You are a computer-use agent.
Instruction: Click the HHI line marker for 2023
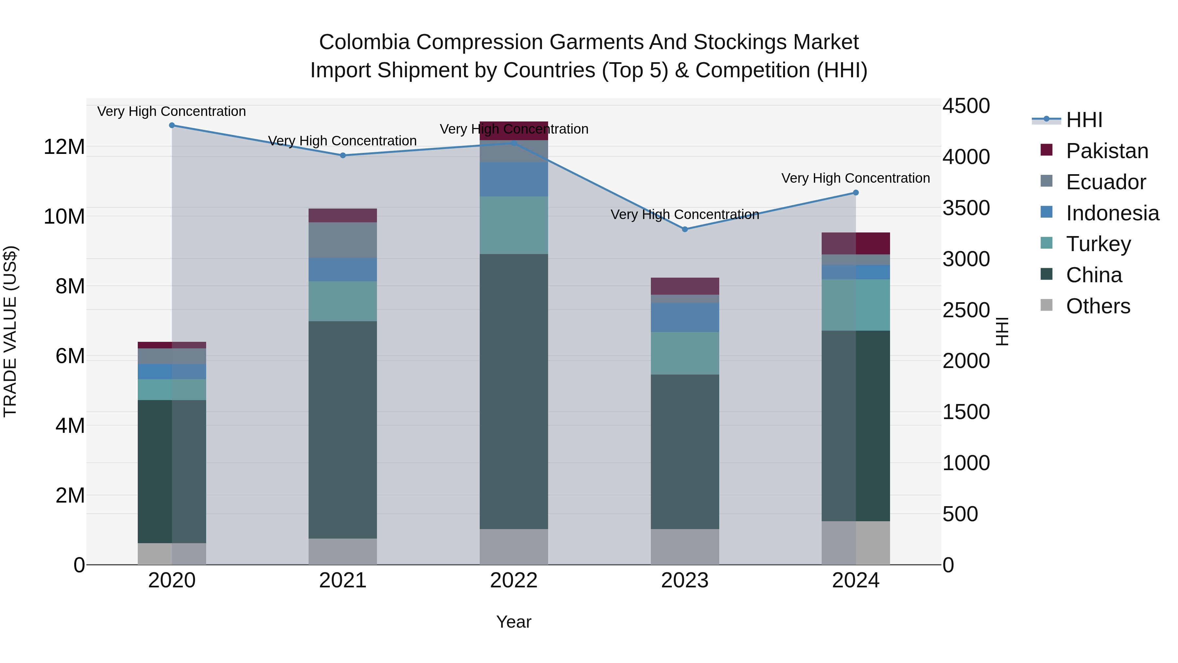click(685, 229)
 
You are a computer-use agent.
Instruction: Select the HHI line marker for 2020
click(172, 125)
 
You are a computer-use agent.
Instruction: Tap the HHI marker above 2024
click(856, 193)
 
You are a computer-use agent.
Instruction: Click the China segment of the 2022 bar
click(513, 391)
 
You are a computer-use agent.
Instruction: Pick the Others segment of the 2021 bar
click(343, 551)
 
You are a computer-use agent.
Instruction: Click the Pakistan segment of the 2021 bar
click(343, 215)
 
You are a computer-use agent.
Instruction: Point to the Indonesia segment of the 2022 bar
click(513, 179)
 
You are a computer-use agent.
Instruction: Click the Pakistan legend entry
click(1107, 151)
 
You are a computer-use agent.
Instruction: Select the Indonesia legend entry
click(1112, 213)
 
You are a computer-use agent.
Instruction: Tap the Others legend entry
click(1098, 306)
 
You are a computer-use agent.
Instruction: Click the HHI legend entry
click(1084, 120)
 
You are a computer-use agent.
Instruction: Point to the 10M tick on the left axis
click(64, 216)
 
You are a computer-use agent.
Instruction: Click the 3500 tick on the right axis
click(966, 208)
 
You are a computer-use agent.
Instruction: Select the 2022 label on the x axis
click(513, 580)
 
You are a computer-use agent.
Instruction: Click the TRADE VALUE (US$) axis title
click(10, 331)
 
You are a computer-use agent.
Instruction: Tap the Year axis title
click(513, 622)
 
